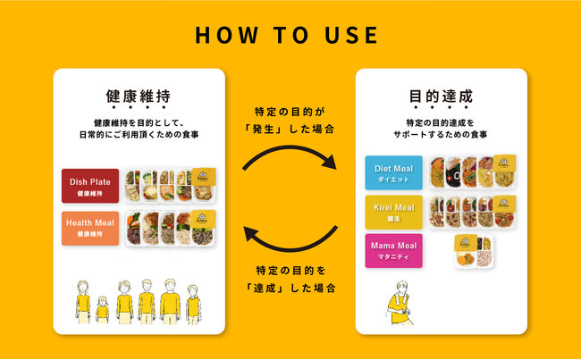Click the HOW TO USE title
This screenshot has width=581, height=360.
pos(286,35)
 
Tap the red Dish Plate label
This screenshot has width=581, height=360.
pos(90,186)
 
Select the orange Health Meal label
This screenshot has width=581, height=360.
pos(90,228)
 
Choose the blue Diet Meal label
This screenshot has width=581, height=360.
pos(393,172)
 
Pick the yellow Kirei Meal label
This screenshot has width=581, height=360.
pos(393,213)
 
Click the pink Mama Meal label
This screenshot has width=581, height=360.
pos(393,251)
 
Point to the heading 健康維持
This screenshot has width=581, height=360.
pos(139,96)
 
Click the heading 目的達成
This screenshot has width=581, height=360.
pos(441,96)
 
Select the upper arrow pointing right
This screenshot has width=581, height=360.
pos(290,148)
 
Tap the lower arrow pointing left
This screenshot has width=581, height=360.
pos(290,247)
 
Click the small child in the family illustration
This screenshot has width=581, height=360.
pos(102,310)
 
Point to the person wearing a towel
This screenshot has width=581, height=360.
pos(399,304)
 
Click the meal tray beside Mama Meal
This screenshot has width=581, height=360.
pos(474,251)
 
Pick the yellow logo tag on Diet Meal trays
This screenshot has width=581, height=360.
pos(504,163)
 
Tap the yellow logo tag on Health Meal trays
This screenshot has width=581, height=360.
pos(203,219)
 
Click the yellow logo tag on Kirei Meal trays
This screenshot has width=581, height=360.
pos(504,204)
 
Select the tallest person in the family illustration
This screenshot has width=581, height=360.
pos(170,302)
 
